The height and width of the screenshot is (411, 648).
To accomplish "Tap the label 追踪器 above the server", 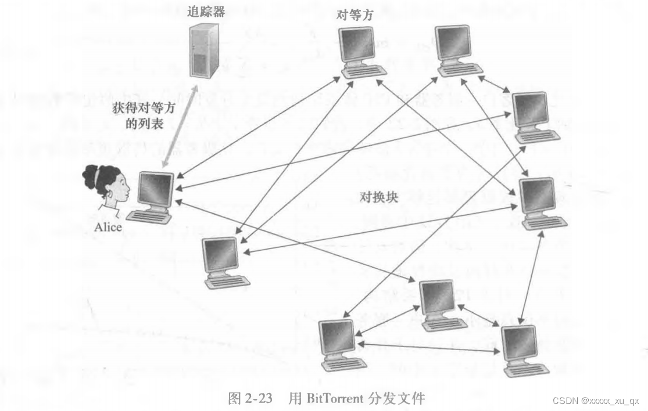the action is (207, 10).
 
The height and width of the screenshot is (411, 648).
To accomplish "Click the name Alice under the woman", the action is (108, 227).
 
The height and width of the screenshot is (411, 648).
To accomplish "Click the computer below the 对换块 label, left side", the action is (224, 261).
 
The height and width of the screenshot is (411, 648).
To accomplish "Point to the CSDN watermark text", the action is (595, 401).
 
